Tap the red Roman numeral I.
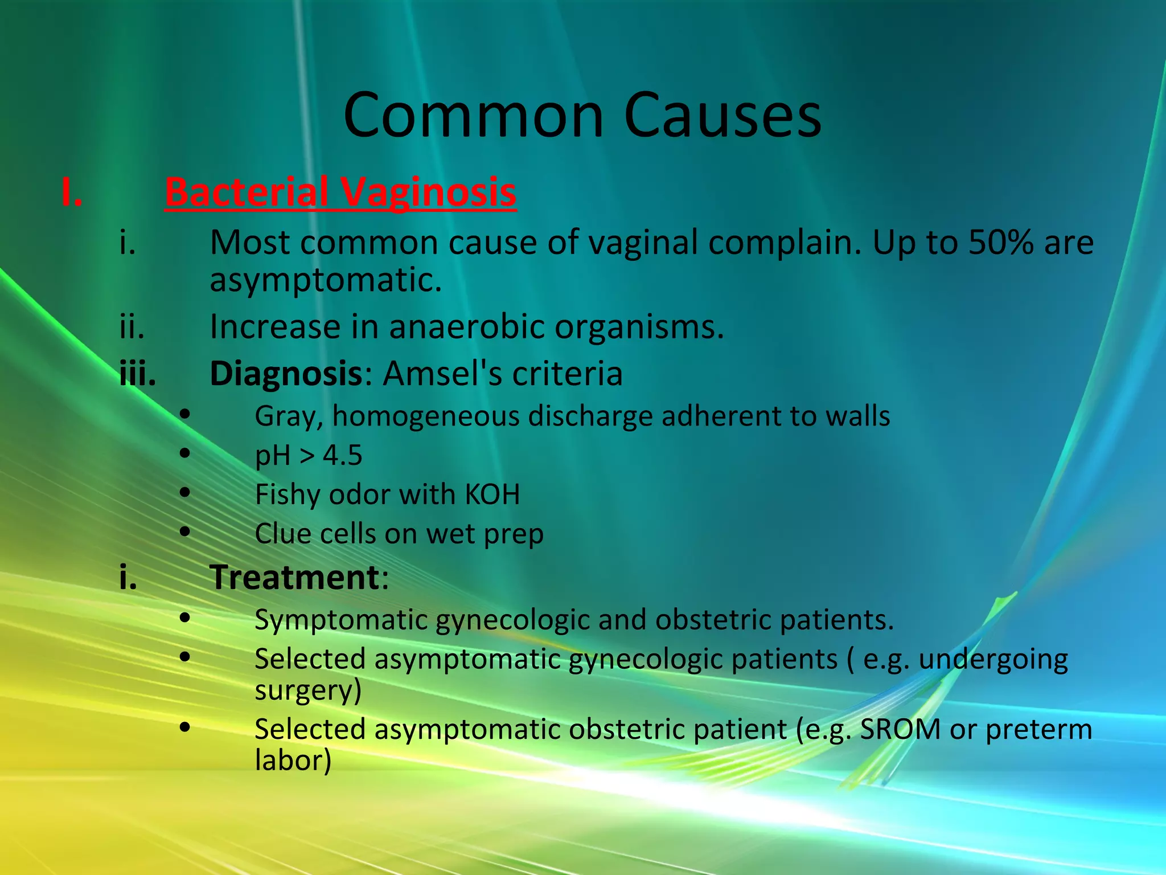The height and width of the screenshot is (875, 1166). tap(72, 192)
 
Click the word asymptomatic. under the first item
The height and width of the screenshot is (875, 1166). tap(326, 281)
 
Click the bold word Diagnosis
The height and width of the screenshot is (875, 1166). tap(286, 374)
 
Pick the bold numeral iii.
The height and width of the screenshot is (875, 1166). tap(137, 374)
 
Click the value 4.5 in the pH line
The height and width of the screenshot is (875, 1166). tap(342, 455)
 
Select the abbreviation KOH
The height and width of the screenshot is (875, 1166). tap(492, 494)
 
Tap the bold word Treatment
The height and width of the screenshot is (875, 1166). tap(294, 577)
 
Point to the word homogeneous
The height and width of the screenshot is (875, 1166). tap(425, 416)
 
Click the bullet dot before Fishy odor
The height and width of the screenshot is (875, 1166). tap(184, 493)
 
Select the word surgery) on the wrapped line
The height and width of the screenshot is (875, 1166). tap(308, 690)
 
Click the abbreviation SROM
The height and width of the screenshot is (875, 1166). tap(900, 729)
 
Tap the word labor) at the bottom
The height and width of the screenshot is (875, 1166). tap(293, 760)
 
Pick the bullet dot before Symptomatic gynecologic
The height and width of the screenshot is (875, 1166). tap(184, 618)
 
